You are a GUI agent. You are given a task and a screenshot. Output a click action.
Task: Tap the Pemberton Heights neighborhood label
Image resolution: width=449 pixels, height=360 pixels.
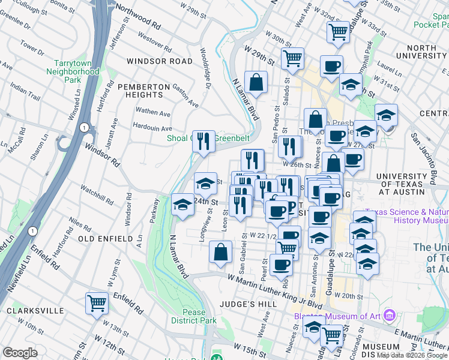(143, 91)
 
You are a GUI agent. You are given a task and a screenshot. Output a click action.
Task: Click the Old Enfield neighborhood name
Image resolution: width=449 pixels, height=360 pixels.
(105, 239)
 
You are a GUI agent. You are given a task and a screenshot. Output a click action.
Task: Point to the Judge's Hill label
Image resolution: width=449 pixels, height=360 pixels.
(252, 304)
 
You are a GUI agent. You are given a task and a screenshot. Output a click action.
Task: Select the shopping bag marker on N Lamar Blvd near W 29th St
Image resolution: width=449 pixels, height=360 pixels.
(256, 83)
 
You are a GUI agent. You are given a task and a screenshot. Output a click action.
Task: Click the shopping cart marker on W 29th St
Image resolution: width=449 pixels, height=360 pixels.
(292, 59)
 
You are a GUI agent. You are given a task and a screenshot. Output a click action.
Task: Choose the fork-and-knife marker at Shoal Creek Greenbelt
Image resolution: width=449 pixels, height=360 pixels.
(203, 142)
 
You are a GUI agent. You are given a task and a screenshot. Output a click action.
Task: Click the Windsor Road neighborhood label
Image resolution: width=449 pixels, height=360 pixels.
(160, 61)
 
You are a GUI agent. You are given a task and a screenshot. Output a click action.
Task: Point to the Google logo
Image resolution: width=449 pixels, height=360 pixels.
(20, 353)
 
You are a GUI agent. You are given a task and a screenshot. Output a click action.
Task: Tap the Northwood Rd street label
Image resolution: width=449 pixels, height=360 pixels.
(139, 18)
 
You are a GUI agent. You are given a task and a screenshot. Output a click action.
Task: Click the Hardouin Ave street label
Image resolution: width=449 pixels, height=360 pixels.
(152, 128)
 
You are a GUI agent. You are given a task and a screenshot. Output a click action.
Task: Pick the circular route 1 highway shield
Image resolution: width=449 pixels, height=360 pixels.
(85, 127)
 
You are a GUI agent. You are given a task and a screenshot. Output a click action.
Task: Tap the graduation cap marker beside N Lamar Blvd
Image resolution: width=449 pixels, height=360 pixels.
(182, 205)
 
